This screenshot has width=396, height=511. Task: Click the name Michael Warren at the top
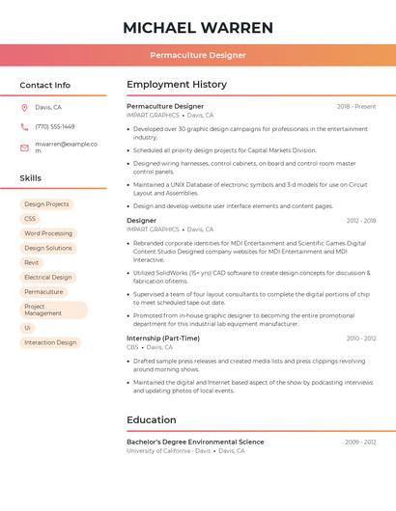(x=198, y=27)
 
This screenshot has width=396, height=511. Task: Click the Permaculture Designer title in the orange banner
(x=198, y=55)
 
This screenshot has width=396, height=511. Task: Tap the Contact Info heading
(x=44, y=85)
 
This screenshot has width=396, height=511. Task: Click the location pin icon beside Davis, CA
(x=24, y=108)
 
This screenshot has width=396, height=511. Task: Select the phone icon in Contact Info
(x=24, y=126)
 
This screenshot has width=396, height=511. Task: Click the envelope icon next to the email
(x=24, y=148)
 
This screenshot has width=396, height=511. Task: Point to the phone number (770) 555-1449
(x=55, y=126)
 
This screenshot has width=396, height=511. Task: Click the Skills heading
(x=31, y=178)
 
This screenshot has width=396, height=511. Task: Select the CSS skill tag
(x=30, y=219)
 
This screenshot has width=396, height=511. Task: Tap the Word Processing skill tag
(x=48, y=233)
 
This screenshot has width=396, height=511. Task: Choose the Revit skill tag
(x=32, y=262)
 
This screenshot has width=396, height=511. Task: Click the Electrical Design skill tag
(x=48, y=277)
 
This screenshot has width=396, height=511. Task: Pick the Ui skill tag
(x=28, y=328)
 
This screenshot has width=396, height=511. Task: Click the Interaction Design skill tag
(x=50, y=342)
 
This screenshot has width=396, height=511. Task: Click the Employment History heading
(x=177, y=85)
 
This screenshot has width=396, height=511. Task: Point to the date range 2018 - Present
(x=356, y=106)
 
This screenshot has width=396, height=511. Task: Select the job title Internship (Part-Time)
(x=163, y=338)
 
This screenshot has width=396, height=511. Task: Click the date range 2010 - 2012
(x=361, y=338)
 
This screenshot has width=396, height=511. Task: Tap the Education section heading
(x=152, y=420)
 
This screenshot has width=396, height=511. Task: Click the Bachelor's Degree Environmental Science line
(x=195, y=442)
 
